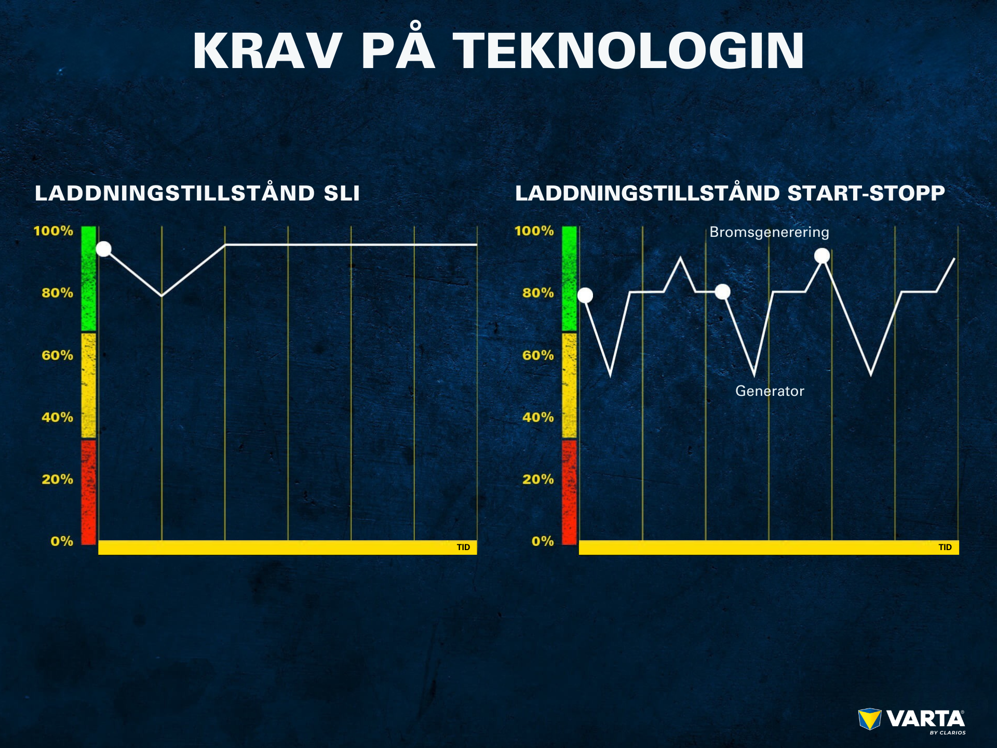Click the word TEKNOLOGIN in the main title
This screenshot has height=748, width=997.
point(629,50)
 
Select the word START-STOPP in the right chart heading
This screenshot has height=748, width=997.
point(866,193)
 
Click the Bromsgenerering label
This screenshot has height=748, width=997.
point(769,232)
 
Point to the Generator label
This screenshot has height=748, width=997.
point(770,391)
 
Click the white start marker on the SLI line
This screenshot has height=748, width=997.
point(104,249)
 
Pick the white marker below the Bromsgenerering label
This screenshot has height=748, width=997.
point(822,256)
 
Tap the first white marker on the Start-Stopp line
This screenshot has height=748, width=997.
point(585,296)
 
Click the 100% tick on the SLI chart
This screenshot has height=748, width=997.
point(53,231)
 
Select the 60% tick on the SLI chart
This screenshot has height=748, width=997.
point(57,355)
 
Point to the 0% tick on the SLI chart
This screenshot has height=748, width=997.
point(62,541)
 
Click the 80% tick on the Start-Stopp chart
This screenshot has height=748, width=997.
point(538,293)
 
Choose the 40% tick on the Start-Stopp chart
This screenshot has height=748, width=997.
point(538,417)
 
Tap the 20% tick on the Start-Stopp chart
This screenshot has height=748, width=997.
point(538,479)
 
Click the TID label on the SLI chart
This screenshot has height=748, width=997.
point(463,547)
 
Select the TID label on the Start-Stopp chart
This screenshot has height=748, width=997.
point(945,547)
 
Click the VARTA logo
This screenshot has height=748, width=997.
point(912,721)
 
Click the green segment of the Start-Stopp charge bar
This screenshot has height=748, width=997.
point(570,278)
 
